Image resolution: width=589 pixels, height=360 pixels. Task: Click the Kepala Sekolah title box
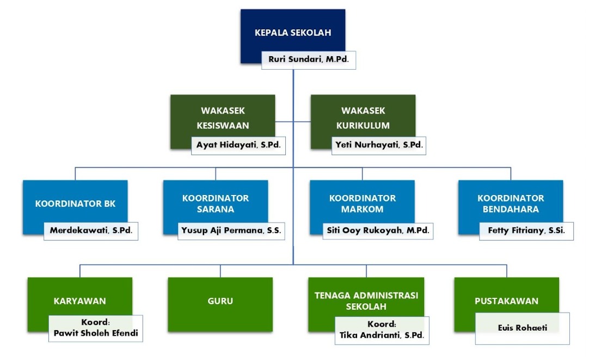pyautogui.click(x=293, y=33)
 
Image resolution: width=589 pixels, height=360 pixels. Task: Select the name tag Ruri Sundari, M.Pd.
pyautogui.click(x=309, y=60)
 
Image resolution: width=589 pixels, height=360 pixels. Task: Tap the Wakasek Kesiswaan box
pyautogui.click(x=222, y=118)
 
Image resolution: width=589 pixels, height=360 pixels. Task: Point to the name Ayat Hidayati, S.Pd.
pyautogui.click(x=238, y=145)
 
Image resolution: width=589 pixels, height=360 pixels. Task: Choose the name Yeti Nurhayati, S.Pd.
pyautogui.click(x=379, y=145)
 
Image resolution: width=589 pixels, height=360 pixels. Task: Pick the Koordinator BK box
pyautogui.click(x=75, y=204)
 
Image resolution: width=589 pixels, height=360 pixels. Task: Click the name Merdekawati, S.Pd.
pyautogui.click(x=91, y=231)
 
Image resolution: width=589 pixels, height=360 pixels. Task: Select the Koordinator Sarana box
pyautogui.click(x=216, y=204)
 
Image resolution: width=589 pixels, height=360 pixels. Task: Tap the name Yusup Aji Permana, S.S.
pyautogui.click(x=231, y=231)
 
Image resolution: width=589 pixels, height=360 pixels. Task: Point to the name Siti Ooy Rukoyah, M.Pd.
pyautogui.click(x=378, y=231)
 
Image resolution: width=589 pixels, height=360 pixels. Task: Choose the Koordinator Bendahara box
pyautogui.click(x=511, y=204)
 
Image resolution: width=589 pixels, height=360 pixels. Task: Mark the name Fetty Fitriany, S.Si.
pyautogui.click(x=526, y=231)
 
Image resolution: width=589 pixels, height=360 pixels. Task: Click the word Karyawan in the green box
pyautogui.click(x=79, y=301)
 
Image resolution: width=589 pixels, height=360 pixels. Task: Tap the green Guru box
pyautogui.click(x=220, y=301)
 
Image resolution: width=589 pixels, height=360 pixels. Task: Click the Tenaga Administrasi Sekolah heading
pyautogui.click(x=366, y=301)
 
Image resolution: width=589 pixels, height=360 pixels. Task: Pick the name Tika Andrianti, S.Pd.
pyautogui.click(x=382, y=335)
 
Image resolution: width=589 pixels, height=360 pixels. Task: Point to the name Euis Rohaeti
pyautogui.click(x=522, y=328)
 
